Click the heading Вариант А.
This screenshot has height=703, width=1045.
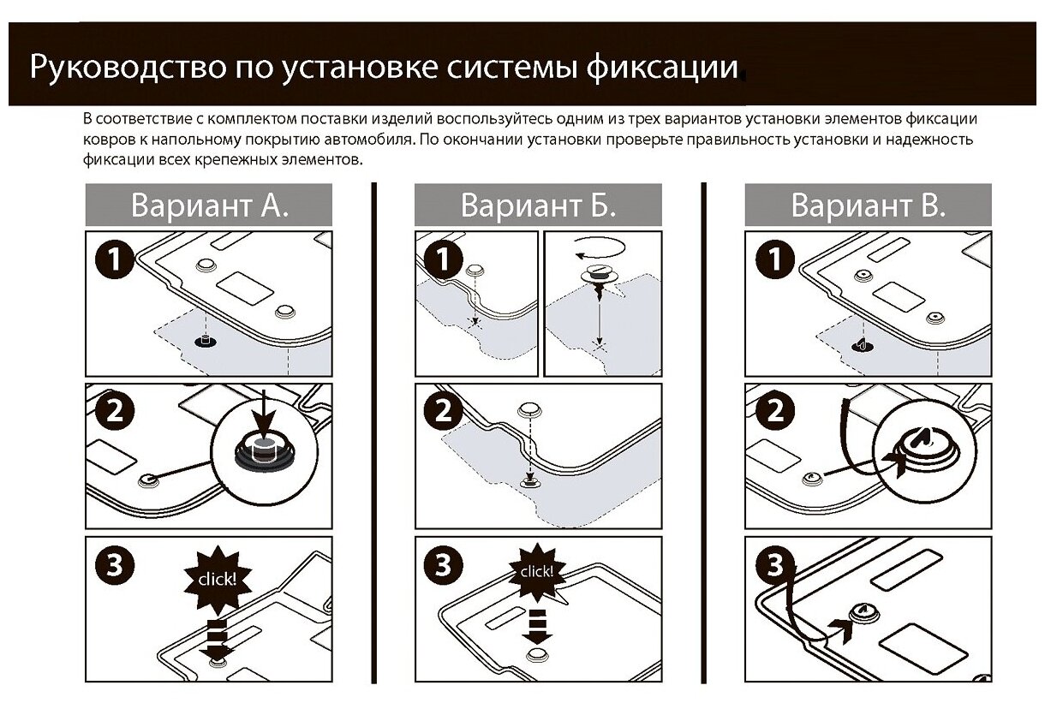[x=209, y=206]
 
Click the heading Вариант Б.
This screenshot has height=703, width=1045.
[x=538, y=206]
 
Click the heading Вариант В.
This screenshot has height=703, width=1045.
[x=868, y=206]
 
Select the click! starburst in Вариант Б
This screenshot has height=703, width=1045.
[x=534, y=570]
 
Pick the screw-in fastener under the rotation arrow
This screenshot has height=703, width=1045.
[x=598, y=278]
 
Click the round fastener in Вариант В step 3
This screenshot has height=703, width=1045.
[x=863, y=613]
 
